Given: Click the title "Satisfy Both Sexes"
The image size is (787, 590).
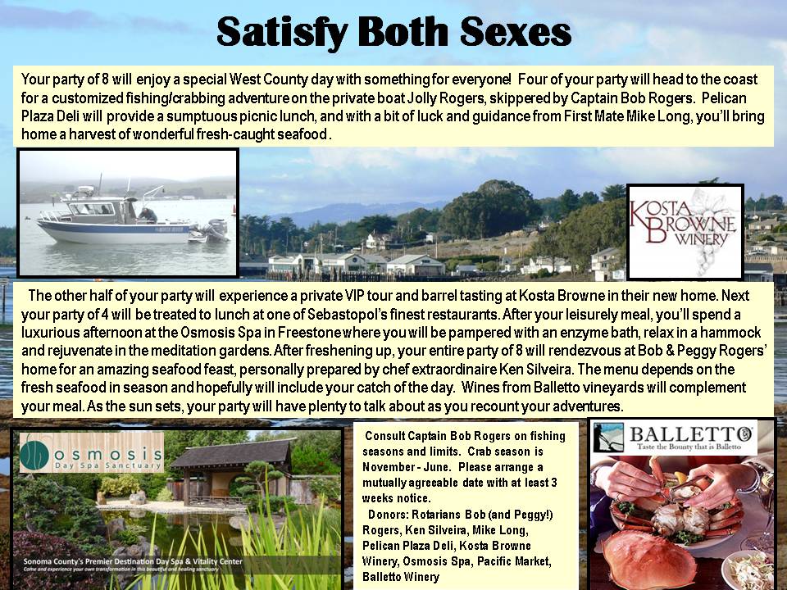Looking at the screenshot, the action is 394,32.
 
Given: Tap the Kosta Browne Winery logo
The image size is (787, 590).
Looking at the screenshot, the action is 685,231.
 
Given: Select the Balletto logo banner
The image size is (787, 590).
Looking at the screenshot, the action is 674,438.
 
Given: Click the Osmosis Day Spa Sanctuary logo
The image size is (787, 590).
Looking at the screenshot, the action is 92,452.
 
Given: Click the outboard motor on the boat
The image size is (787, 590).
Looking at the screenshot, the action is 215,231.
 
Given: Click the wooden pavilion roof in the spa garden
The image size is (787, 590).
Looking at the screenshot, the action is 232,453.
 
